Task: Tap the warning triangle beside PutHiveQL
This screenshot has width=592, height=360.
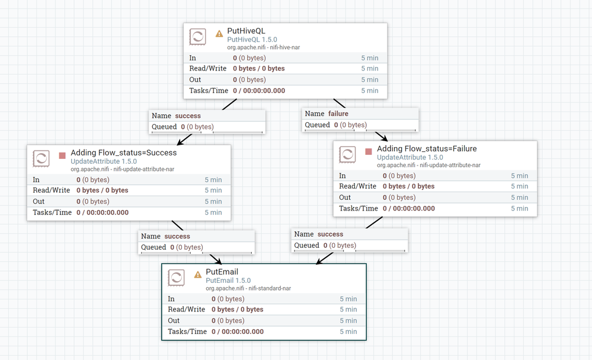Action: (x=219, y=34)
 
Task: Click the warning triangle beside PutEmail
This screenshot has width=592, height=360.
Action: (x=198, y=275)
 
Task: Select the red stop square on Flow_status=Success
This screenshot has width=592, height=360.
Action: (x=62, y=156)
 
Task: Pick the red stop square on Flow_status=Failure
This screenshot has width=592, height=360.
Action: (x=369, y=152)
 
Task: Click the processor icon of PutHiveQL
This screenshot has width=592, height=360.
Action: (x=198, y=37)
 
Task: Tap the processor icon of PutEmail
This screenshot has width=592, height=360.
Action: (x=177, y=278)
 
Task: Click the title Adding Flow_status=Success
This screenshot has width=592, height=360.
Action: (x=123, y=152)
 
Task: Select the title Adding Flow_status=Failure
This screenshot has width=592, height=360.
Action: (x=427, y=148)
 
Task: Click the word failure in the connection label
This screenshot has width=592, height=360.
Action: (x=338, y=113)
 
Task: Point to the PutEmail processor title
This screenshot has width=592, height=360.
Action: (x=222, y=272)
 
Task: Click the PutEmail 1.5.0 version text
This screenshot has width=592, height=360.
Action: (x=228, y=281)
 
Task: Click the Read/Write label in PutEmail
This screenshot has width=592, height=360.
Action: (x=187, y=310)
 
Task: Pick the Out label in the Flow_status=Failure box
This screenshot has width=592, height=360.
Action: (x=345, y=197)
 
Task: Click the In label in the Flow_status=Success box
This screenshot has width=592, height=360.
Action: (x=37, y=180)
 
